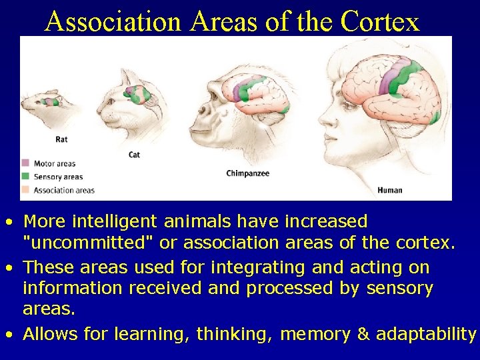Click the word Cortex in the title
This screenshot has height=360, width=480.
pyautogui.click(x=380, y=21)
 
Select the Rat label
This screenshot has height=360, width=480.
pyautogui.click(x=61, y=139)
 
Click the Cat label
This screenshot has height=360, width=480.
pyautogui.click(x=134, y=155)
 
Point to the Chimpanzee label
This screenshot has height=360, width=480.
pyautogui.click(x=248, y=173)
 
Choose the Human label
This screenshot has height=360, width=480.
pyautogui.click(x=389, y=190)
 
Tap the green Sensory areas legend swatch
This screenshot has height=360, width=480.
pyautogui.click(x=25, y=177)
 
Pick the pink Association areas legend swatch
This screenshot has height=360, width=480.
pyautogui.click(x=25, y=190)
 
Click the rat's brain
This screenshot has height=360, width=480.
pyautogui.click(x=49, y=101)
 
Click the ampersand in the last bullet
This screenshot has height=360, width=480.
pyautogui.click(x=363, y=334)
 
